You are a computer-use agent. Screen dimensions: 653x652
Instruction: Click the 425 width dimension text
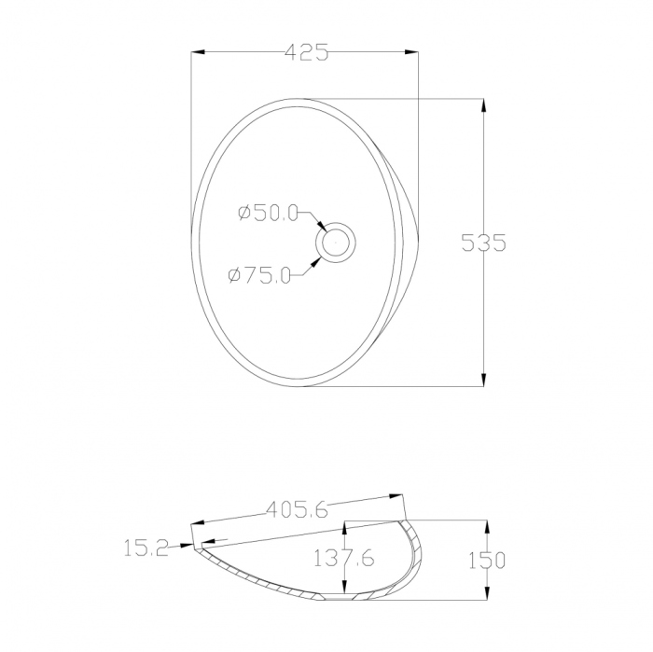(x=307, y=52)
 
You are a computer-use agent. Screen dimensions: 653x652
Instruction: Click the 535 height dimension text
(x=483, y=243)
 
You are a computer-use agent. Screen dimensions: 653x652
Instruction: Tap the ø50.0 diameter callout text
(x=269, y=214)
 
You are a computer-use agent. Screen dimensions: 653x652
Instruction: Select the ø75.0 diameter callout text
(x=259, y=275)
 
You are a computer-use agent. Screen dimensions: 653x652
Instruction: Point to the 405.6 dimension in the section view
(x=297, y=509)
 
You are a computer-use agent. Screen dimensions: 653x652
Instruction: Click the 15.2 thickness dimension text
(x=146, y=548)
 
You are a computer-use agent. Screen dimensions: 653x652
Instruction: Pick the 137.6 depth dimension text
(x=343, y=558)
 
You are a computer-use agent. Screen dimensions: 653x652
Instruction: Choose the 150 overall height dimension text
(x=487, y=561)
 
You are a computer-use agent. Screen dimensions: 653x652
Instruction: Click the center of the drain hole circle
(x=335, y=243)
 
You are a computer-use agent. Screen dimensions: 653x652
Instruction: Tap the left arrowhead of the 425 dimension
(x=198, y=52)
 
